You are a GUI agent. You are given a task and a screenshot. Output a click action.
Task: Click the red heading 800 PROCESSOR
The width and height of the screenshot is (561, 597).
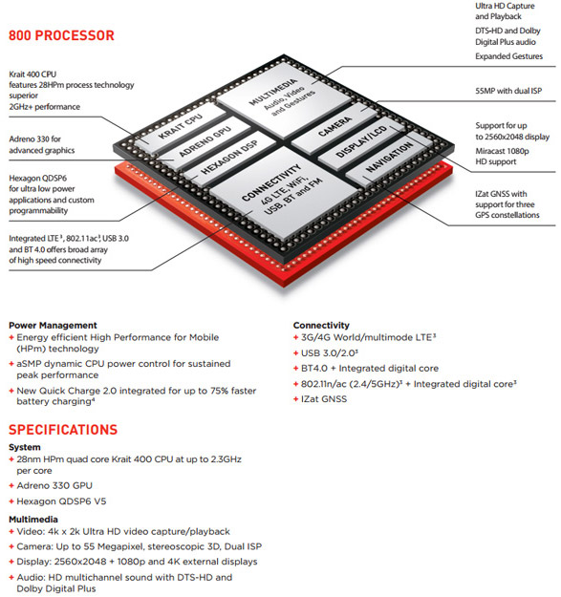[x=61, y=35]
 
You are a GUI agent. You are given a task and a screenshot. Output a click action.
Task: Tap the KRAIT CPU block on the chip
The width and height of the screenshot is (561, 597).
[x=181, y=128]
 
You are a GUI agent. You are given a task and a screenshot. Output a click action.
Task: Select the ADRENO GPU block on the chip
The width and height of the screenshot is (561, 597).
[x=205, y=141]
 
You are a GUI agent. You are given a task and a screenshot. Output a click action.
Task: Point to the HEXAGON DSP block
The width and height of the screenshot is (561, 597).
[x=228, y=157]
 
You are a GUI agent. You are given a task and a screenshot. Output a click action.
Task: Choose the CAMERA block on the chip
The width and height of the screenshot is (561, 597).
[x=335, y=127]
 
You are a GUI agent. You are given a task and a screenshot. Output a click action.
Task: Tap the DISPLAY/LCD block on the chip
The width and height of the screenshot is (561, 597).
[x=361, y=141]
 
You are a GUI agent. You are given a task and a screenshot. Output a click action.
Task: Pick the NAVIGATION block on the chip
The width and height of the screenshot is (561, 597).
[x=389, y=157]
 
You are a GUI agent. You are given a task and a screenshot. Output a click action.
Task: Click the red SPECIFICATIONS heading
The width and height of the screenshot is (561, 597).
[x=63, y=430]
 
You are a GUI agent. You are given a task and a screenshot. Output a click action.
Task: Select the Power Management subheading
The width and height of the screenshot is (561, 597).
[x=53, y=325]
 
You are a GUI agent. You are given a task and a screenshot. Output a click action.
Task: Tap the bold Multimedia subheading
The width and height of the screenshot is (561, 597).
[x=33, y=520]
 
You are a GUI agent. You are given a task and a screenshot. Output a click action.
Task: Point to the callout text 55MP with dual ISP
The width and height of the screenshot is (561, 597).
[x=508, y=91]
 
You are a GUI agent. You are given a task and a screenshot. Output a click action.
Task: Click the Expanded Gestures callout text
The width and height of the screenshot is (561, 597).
[x=508, y=56]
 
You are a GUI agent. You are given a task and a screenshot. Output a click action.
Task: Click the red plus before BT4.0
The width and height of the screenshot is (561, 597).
[x=295, y=369]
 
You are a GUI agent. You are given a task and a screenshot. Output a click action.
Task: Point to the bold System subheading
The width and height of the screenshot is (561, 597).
[x=25, y=447]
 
